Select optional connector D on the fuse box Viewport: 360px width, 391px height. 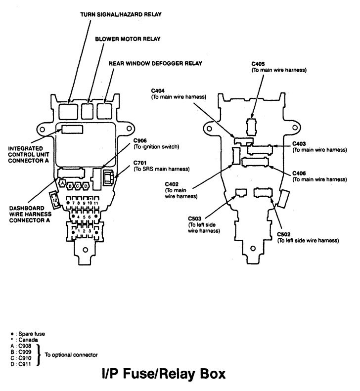[87, 185]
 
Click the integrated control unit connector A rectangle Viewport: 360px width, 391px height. [73, 130]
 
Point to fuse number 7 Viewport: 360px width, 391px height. [73, 203]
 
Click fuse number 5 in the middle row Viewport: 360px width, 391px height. [84, 217]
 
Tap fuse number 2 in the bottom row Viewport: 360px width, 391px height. [84, 230]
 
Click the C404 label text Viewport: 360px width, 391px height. [158, 91]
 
